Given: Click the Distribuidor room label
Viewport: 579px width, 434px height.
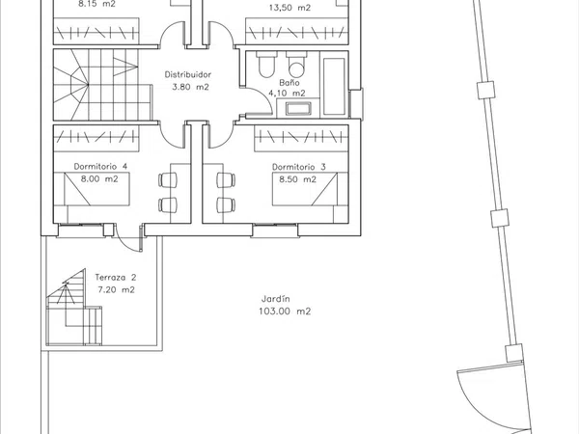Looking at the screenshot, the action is click(188, 74).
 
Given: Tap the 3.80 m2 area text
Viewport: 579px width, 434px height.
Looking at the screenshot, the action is click(190, 87).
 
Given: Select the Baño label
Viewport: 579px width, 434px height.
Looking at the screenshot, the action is click(289, 82).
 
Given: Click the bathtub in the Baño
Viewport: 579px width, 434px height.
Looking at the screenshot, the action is click(334, 86).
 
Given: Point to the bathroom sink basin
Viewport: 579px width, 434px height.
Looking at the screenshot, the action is click(298, 108).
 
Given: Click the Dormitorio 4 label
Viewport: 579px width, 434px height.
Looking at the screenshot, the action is click(100, 167).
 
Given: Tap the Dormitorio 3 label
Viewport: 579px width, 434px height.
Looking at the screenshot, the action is click(299, 167).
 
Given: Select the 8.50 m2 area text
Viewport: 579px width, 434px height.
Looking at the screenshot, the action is click(297, 179).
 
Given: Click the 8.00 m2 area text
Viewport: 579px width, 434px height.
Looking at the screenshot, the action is click(99, 179).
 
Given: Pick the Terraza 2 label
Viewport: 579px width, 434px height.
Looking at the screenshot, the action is click(116, 277).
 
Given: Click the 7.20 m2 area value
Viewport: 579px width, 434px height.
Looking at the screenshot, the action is click(117, 289).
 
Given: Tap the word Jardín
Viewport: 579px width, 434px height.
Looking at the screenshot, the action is click(275, 299).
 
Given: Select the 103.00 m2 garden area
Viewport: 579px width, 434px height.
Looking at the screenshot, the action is click(285, 312).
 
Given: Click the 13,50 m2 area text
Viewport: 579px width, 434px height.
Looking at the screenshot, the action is click(289, 8).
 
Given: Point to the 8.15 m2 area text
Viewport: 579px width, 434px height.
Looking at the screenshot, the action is click(96, 4).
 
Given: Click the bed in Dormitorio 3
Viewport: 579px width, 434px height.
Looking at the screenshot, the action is click(305, 189).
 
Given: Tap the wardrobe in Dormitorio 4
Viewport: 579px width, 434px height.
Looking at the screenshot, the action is click(96, 138).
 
